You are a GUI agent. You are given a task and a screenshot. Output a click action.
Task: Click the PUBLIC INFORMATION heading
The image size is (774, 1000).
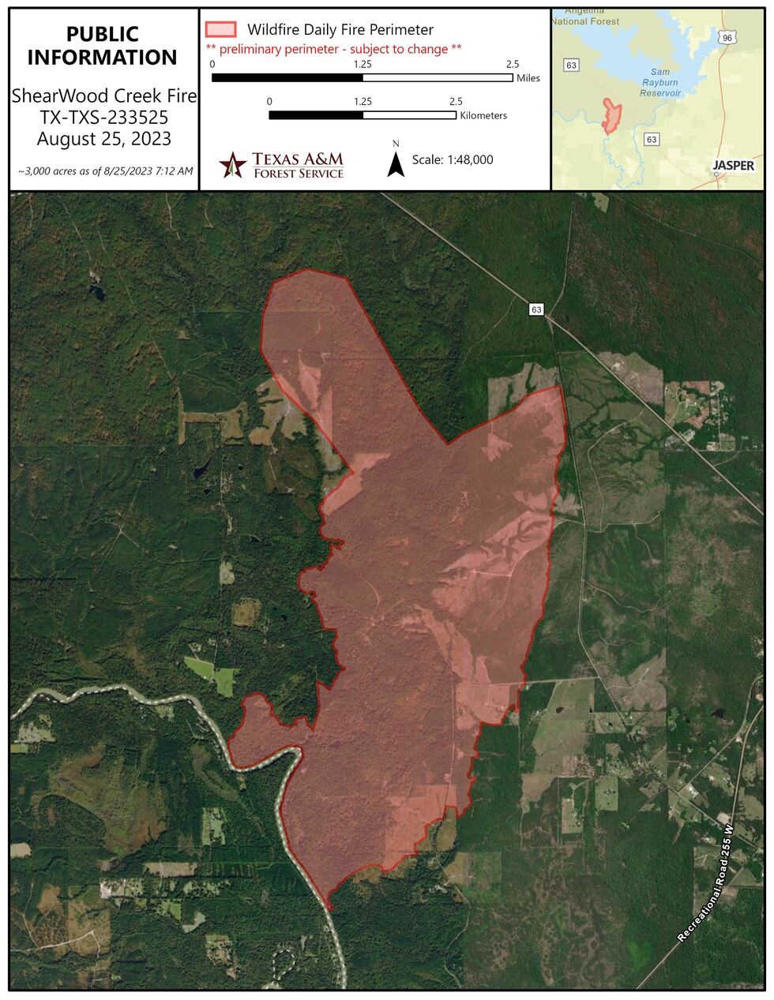click(103, 46)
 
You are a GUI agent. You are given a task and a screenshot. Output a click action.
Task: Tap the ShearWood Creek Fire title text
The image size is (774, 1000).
click(103, 97)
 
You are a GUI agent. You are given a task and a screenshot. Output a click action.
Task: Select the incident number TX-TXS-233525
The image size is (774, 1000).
click(103, 118)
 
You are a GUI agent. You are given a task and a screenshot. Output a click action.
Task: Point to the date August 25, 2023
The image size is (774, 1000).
click(103, 140)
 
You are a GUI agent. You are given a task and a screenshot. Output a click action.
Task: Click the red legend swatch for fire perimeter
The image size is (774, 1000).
click(220, 30)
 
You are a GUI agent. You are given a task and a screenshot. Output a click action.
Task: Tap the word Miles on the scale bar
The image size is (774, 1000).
click(528, 79)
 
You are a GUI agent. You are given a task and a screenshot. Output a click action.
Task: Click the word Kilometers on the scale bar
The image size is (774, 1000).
click(483, 116)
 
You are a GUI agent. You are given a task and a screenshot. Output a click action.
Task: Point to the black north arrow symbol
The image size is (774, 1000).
click(396, 163)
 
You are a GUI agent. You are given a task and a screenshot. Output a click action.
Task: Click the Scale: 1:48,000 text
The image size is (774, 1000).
click(453, 159)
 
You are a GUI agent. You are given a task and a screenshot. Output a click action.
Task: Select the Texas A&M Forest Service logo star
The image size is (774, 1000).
click(232, 165)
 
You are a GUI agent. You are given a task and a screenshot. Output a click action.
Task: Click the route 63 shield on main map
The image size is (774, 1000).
click(536, 310)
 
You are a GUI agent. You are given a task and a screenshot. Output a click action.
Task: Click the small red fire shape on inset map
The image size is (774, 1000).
click(611, 115)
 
